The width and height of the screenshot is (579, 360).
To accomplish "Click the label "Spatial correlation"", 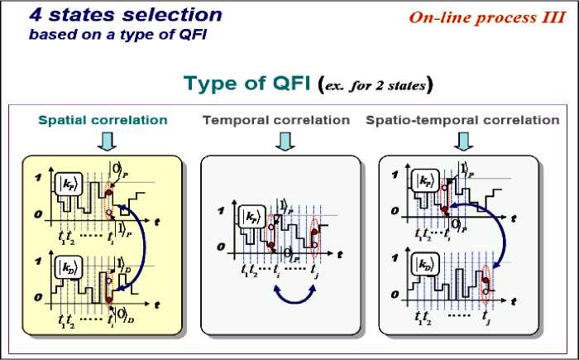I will click(103, 120).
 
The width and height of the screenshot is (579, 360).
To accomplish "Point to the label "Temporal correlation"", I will click(276, 120).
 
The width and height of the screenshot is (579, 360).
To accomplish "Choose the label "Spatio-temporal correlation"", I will click(462, 120).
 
